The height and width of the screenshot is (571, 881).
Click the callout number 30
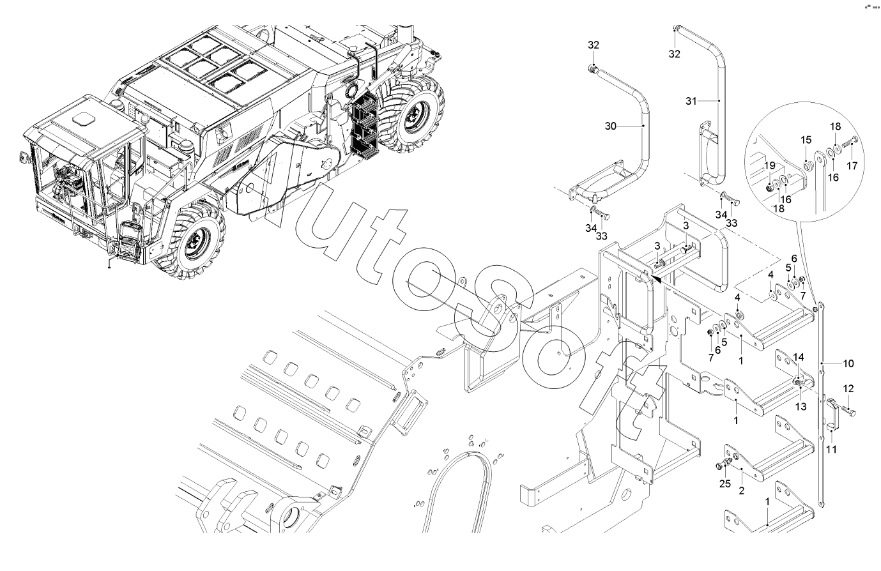pyautogui.click(x=610, y=126)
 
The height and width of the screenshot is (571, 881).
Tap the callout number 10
pyautogui.click(x=848, y=363)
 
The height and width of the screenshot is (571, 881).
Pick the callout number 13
pyautogui.click(x=801, y=406)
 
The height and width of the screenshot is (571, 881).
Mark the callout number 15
pyautogui.click(x=806, y=140)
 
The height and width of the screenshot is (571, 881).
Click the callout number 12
pyautogui.click(x=848, y=388)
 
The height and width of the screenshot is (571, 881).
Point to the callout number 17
pyautogui.click(x=852, y=167)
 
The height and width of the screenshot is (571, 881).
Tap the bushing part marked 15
pyautogui.click(x=808, y=164)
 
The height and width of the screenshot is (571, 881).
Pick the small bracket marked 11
pyautogui.click(x=832, y=412)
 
